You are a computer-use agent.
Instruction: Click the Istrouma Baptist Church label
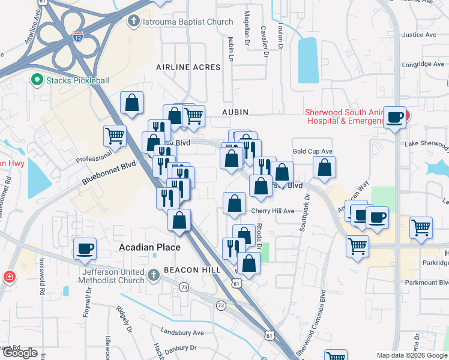[x=186, y=22]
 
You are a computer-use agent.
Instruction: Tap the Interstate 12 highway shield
[x=77, y=37]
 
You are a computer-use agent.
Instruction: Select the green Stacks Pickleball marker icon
[x=36, y=80]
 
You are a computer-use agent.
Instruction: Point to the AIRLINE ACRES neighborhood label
[x=188, y=67]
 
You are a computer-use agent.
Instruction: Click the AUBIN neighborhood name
[x=235, y=112]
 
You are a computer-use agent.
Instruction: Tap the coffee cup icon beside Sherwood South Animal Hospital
[x=395, y=116]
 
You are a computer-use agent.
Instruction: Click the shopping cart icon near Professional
[x=115, y=135]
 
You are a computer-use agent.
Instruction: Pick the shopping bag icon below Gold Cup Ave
[x=324, y=169]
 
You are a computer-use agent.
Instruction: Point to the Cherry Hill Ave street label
[x=273, y=211]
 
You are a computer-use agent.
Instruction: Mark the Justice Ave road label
[x=419, y=35]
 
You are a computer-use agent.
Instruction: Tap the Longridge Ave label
[x=423, y=64]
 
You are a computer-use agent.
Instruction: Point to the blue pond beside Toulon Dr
[x=307, y=60]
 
